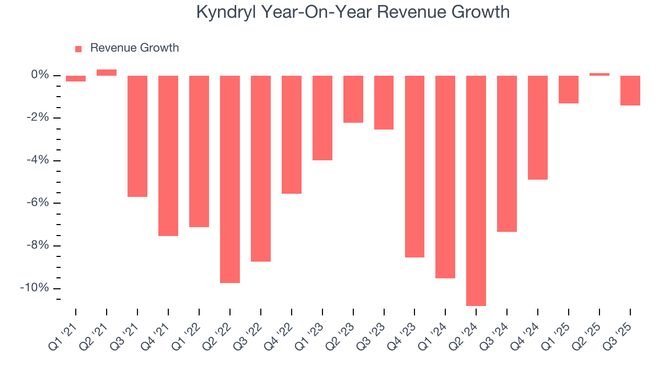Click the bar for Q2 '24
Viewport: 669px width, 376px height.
click(x=476, y=191)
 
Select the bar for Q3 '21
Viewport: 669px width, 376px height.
click(x=137, y=136)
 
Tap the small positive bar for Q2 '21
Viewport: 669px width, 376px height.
click(x=107, y=73)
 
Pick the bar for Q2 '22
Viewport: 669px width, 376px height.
click(x=230, y=179)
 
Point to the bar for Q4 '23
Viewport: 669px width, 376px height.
click(x=414, y=167)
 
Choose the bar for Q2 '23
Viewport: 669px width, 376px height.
click(x=353, y=99)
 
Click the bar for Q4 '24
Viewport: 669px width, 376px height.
click(x=538, y=127)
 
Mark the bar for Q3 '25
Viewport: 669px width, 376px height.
click(x=630, y=90)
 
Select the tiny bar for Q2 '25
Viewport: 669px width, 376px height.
click(x=599, y=74)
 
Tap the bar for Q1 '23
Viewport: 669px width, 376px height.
click(x=322, y=118)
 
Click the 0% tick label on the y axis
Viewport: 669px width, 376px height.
click(x=40, y=75)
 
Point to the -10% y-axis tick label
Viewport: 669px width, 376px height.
click(x=34, y=288)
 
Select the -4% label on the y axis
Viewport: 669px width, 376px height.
click(x=37, y=160)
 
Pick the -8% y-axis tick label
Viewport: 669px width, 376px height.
click(x=37, y=245)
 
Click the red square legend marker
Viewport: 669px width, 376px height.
click(x=78, y=49)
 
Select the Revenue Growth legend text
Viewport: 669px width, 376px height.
click(x=134, y=48)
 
